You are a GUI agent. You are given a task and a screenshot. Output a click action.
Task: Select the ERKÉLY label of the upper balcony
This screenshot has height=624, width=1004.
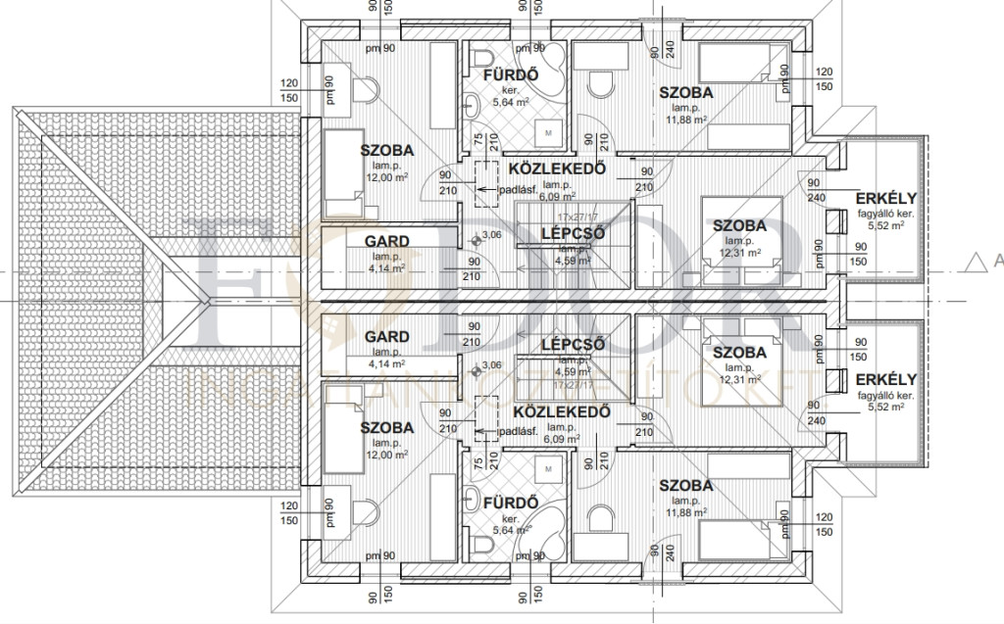pyautogui.click(x=885, y=197)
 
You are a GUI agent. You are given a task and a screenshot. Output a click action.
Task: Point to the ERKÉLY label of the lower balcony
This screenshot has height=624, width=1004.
pyautogui.click(x=885, y=379)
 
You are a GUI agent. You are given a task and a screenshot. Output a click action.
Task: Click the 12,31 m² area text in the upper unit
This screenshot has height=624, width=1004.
pyautogui.click(x=740, y=253)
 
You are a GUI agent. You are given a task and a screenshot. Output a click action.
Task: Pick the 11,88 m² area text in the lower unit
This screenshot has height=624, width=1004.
pyautogui.click(x=686, y=514)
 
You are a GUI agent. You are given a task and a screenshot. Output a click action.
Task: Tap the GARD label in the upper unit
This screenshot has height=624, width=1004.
pyautogui.click(x=386, y=240)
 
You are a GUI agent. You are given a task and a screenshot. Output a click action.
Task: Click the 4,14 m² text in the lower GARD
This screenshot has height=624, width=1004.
pyautogui.click(x=386, y=364)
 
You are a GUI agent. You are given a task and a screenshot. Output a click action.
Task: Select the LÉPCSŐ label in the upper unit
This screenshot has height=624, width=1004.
pyautogui.click(x=573, y=233)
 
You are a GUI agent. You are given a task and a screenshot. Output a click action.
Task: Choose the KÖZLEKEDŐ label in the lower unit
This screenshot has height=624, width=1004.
pyautogui.click(x=562, y=411)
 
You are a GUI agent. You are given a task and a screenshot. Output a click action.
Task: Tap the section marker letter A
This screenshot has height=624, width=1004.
pyautogui.click(x=997, y=261)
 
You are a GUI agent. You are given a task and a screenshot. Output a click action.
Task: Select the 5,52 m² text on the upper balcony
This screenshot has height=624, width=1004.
pyautogui.click(x=885, y=225)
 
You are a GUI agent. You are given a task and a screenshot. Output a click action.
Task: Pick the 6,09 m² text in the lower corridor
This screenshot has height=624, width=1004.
pyautogui.click(x=561, y=441)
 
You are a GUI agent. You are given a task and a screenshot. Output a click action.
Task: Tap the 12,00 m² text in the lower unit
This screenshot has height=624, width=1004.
pyautogui.click(x=385, y=456)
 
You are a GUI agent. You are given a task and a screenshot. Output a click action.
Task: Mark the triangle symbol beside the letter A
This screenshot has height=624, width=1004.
pyautogui.click(x=974, y=261)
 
